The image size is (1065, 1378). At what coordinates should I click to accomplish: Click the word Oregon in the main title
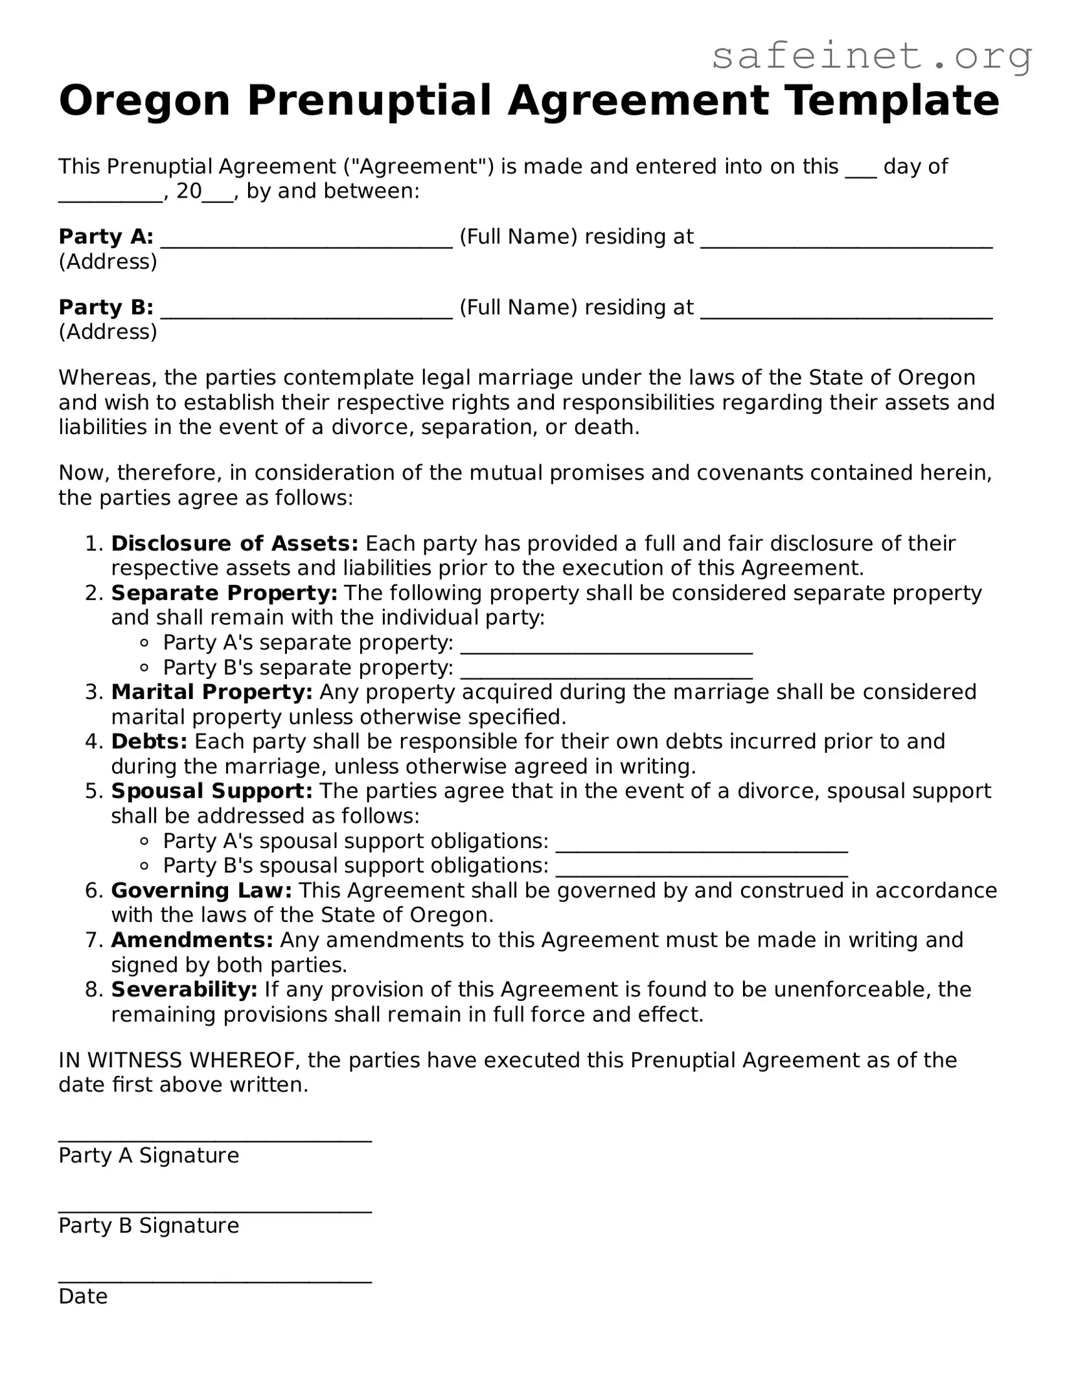pyautogui.click(x=144, y=101)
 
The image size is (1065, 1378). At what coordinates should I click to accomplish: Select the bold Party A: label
pyautogui.click(x=106, y=237)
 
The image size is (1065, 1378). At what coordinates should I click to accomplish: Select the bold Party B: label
pyautogui.click(x=106, y=307)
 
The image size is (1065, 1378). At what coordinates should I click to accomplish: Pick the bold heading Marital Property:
pyautogui.click(x=211, y=692)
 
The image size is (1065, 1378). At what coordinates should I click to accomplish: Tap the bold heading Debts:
pyautogui.click(x=148, y=741)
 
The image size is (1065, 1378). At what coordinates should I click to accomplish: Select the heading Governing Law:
pyautogui.click(x=201, y=890)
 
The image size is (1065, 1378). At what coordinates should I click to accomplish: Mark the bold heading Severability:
pyautogui.click(x=184, y=989)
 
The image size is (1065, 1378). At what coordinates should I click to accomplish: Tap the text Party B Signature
pyautogui.click(x=148, y=1226)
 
